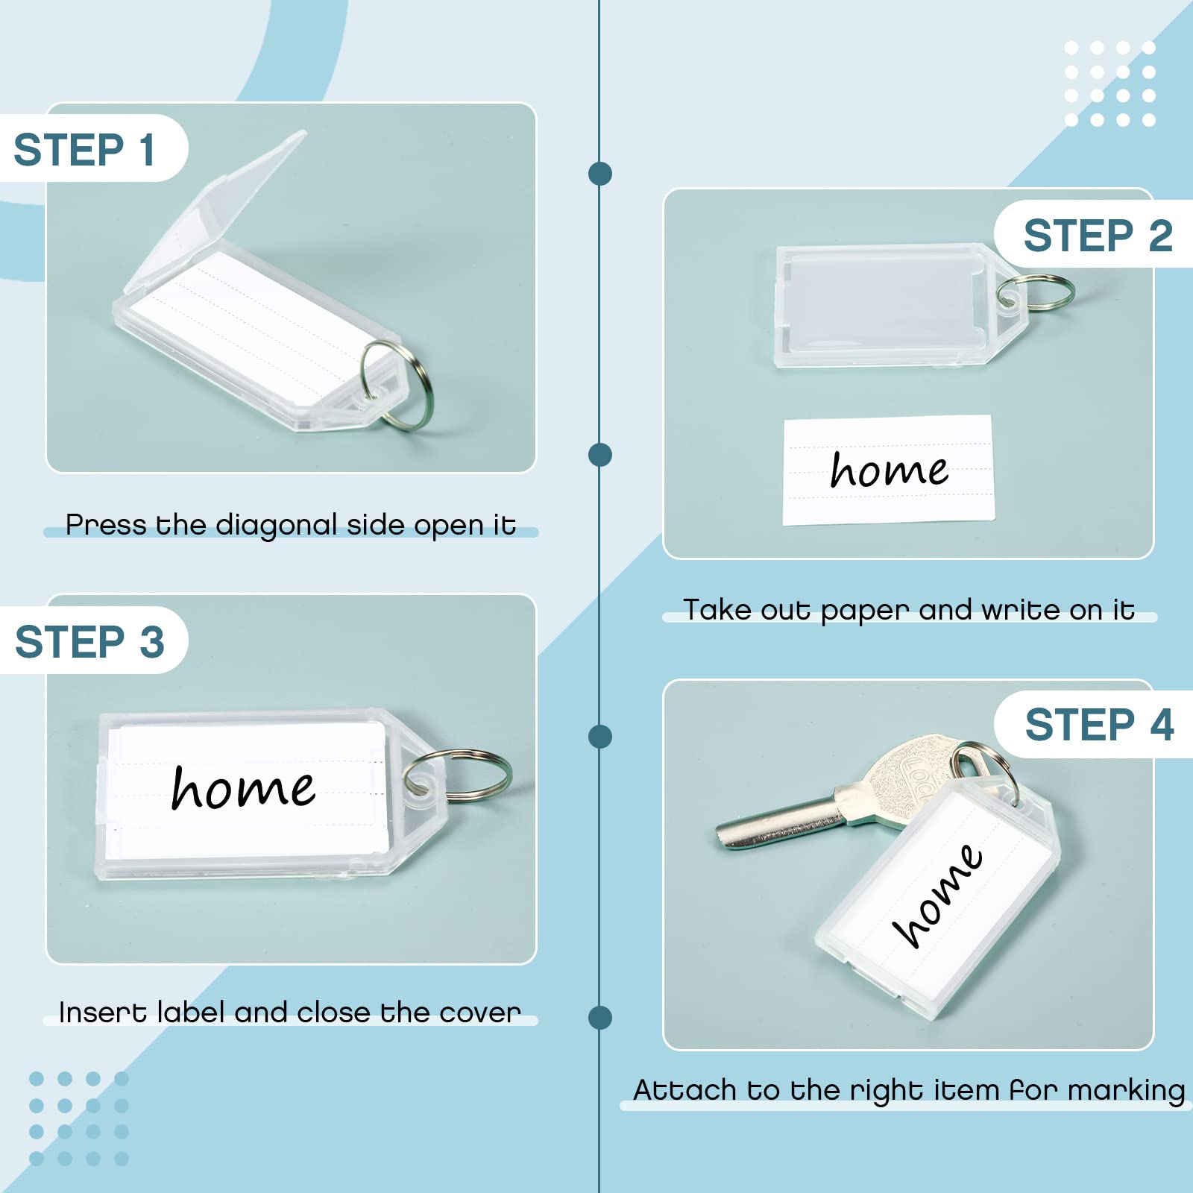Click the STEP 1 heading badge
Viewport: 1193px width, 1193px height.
click(93, 148)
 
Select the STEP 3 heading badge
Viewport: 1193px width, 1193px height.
click(93, 640)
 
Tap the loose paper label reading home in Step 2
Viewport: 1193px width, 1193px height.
click(888, 470)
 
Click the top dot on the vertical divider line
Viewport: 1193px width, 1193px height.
click(600, 174)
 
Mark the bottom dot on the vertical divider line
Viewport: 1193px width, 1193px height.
click(600, 1017)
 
